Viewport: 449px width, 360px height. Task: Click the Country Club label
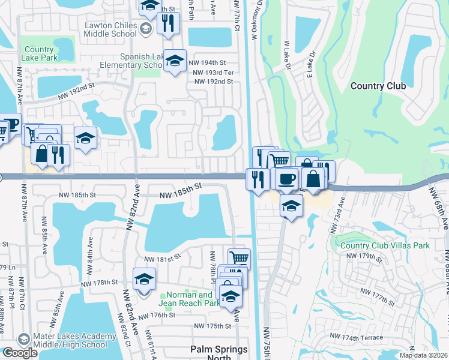[378, 86]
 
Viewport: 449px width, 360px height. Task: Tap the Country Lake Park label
[40, 54]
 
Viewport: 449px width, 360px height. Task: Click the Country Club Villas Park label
[376, 245]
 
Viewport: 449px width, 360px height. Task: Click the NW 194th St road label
[206, 62]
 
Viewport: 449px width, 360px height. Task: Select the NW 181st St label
[162, 259]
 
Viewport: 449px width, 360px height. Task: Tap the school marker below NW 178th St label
[144, 279]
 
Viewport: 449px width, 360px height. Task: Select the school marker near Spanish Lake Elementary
[175, 61]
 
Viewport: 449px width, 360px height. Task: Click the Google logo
[20, 353]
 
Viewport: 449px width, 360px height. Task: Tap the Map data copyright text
[423, 355]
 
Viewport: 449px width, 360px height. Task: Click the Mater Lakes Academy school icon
[24, 339]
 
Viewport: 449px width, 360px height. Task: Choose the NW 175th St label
[212, 326]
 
